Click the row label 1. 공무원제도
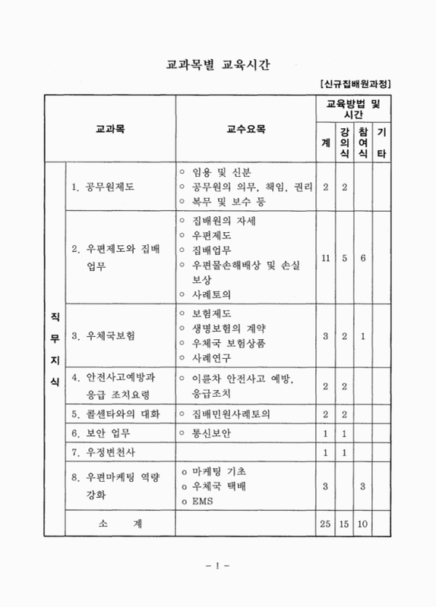pos(103,187)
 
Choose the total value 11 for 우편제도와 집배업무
pos(325,258)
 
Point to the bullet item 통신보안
pos(216,433)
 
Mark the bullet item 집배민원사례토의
pos(232,414)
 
